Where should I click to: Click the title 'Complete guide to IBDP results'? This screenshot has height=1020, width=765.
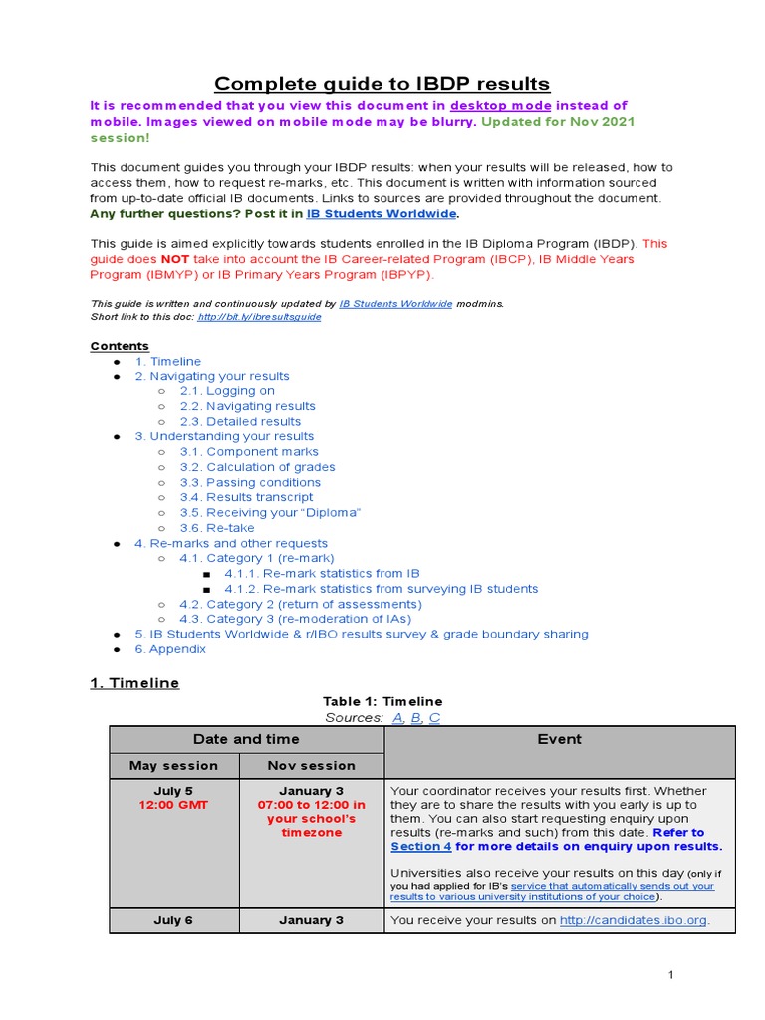click(x=382, y=83)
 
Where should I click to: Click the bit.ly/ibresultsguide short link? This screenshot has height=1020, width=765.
click(x=259, y=317)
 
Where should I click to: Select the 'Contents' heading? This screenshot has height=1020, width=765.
click(x=120, y=346)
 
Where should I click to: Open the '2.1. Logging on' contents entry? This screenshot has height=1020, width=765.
click(x=227, y=391)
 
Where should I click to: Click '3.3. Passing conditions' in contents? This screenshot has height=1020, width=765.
click(x=250, y=482)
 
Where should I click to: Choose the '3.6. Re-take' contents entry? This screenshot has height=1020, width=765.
click(x=216, y=528)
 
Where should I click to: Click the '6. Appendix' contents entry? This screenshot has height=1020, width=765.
click(x=170, y=649)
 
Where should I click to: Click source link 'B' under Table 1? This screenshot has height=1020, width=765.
click(x=416, y=718)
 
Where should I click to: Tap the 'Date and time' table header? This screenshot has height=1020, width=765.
click(x=247, y=739)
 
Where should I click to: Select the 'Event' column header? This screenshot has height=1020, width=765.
click(x=559, y=739)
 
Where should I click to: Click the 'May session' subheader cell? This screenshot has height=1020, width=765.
click(x=174, y=766)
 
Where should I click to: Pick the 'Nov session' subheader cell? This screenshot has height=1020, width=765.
click(x=311, y=766)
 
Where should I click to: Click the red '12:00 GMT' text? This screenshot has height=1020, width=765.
click(x=174, y=805)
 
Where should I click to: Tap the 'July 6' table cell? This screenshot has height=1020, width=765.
click(x=174, y=920)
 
